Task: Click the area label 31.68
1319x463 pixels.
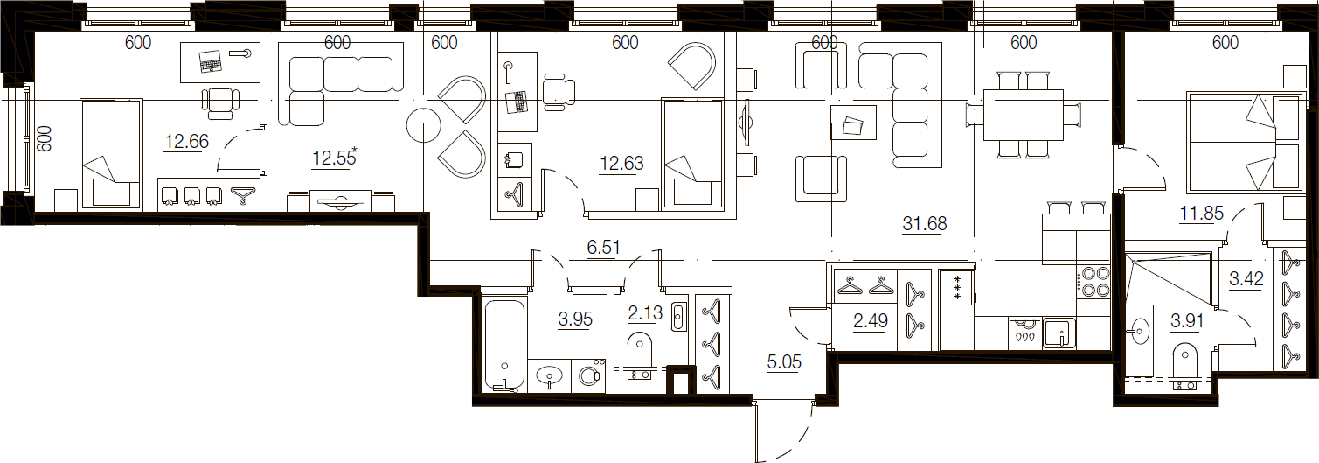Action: click(x=925, y=223)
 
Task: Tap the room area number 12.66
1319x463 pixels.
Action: click(x=187, y=142)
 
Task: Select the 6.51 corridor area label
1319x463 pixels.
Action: click(x=604, y=247)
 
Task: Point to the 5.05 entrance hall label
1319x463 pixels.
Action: click(x=784, y=361)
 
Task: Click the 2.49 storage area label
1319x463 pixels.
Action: click(x=871, y=320)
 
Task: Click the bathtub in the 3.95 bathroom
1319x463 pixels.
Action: click(x=504, y=345)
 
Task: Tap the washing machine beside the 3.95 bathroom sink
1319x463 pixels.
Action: click(x=589, y=375)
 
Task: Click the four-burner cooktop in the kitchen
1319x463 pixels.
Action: click(x=1093, y=282)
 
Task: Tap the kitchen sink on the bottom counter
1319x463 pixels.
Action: click(x=1059, y=333)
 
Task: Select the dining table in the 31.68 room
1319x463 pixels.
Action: click(x=1024, y=115)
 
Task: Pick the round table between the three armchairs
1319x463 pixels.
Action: click(x=423, y=125)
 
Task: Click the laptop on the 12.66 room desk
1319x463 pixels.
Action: click(x=210, y=60)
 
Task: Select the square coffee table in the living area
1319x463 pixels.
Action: click(x=853, y=122)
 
